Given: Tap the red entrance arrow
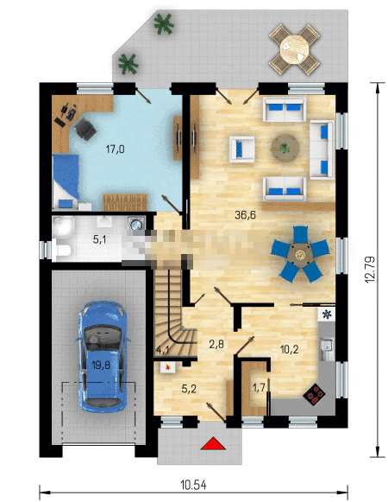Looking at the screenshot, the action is (x=213, y=443).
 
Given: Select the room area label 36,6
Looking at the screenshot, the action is (x=245, y=215).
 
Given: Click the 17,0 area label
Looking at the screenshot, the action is (x=115, y=149).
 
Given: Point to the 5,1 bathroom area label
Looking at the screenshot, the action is (x=100, y=239).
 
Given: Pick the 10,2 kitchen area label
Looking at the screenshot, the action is (x=289, y=349).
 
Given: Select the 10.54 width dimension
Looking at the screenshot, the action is (x=193, y=485).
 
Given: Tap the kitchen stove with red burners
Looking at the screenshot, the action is (x=314, y=394).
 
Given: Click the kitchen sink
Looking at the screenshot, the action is (x=327, y=349).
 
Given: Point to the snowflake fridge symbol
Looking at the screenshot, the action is (x=326, y=315).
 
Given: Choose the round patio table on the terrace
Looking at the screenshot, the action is (x=294, y=49).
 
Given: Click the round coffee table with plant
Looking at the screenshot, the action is (x=285, y=148).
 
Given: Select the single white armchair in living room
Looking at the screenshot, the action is (x=242, y=149).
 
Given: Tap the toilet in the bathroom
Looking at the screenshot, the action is (x=63, y=250).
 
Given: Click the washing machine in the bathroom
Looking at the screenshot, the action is (x=137, y=223).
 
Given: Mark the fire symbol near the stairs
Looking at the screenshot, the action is (x=167, y=367).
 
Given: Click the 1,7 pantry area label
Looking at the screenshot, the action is (x=259, y=388).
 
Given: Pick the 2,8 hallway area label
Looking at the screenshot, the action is (x=216, y=344).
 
